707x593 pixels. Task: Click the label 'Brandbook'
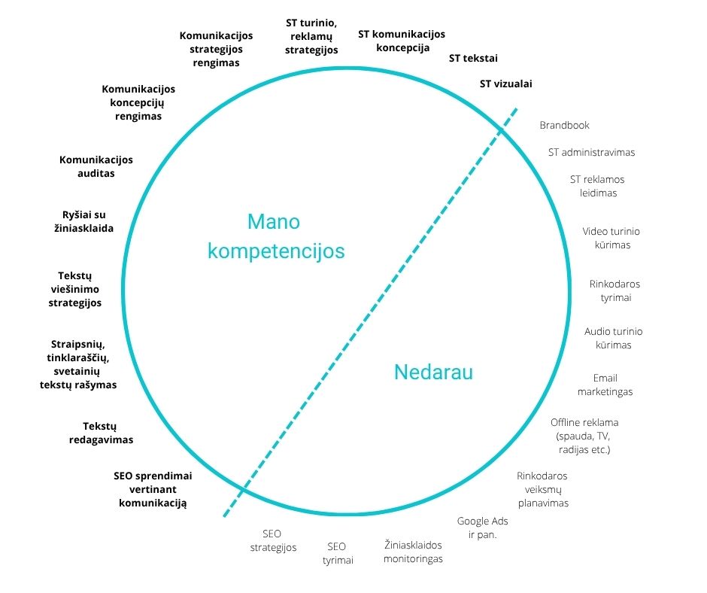564,126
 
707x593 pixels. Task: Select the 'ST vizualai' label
511,84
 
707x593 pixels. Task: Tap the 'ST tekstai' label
473,58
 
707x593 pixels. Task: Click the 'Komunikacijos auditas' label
96,166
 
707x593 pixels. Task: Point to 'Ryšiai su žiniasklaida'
88,221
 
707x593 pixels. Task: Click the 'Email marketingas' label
605,385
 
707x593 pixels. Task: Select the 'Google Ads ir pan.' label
483,528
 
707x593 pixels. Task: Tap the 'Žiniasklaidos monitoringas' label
413,552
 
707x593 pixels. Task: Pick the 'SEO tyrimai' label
338,553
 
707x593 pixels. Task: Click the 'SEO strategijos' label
273,540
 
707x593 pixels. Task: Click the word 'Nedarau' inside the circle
433,372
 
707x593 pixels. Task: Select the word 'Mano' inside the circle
274,222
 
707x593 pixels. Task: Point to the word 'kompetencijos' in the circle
276,251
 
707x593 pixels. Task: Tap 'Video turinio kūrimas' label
611,238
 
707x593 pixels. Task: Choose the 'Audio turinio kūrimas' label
613,338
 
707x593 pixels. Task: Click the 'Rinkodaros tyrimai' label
614,290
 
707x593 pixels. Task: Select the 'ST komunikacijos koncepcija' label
401,41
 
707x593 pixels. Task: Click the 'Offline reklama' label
584,422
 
